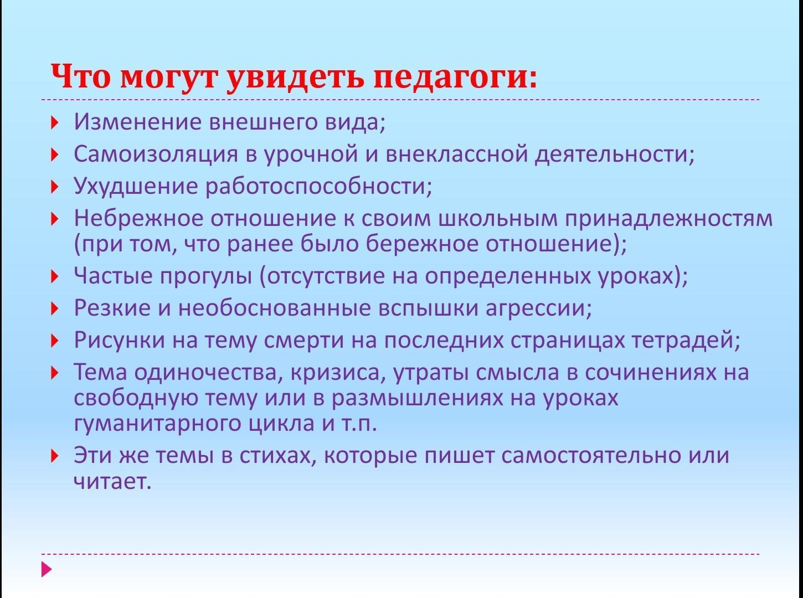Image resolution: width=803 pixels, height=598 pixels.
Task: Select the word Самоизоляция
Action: pyautogui.click(x=156, y=154)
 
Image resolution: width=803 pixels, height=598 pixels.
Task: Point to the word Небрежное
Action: pyautogui.click(x=138, y=219)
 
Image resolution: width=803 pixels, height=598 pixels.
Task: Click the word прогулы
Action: pyautogui.click(x=205, y=277)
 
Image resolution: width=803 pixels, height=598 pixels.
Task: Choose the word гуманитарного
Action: pyautogui.click(x=157, y=424)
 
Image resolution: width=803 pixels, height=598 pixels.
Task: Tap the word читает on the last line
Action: pyautogui.click(x=112, y=482)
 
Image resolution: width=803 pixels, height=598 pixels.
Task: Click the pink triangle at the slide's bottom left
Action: pyautogui.click(x=47, y=569)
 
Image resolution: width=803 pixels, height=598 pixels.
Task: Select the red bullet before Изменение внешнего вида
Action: pyautogui.click(x=54, y=122)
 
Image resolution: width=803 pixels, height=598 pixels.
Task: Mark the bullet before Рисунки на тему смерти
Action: pyautogui.click(x=54, y=341)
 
